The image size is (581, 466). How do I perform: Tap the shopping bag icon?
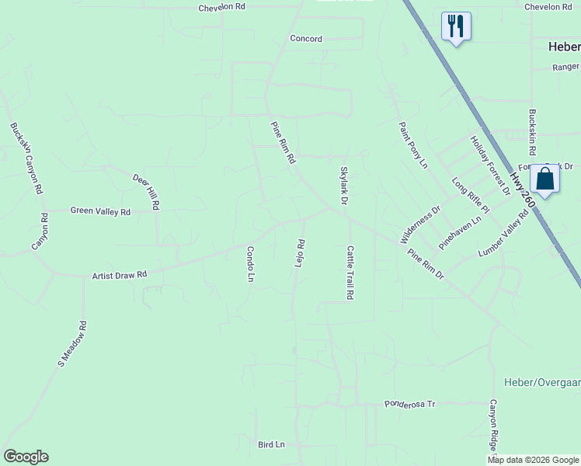[545, 179]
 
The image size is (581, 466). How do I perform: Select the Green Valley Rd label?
[100, 210]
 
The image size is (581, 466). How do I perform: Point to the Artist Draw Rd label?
[120, 275]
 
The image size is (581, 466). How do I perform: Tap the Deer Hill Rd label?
[146, 192]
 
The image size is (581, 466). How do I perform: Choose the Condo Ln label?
[251, 264]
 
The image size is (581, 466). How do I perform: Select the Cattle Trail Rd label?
[350, 273]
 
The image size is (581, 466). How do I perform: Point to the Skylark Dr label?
[343, 184]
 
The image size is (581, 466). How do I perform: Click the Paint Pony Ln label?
[413, 145]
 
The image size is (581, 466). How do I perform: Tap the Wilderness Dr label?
[420, 224]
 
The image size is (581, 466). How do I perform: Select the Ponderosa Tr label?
[411, 405]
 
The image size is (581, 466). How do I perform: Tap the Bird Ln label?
[272, 444]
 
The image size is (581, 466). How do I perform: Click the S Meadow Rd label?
[71, 343]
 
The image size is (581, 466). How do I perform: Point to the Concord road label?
[306, 39]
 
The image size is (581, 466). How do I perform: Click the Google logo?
[26, 457]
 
